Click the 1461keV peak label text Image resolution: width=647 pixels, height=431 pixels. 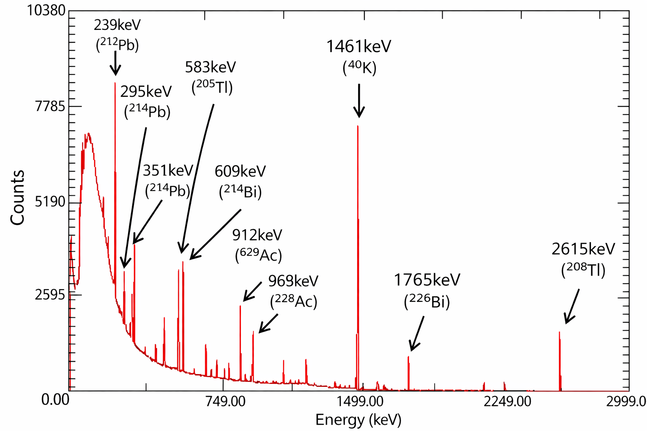click(358, 46)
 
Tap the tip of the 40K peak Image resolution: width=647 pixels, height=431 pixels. click(358, 126)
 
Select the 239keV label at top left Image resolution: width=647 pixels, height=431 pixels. click(117, 25)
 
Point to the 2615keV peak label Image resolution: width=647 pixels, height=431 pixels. click(583, 249)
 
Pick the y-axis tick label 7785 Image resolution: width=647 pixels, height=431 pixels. click(50, 106)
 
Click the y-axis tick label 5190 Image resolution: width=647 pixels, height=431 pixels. click(50, 202)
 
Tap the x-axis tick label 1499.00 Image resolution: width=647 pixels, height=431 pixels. click(360, 401)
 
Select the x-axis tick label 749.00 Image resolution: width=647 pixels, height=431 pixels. click(226, 401)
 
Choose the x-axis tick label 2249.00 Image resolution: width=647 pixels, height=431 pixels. click(507, 401)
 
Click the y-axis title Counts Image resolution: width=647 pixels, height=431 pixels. click(18, 198)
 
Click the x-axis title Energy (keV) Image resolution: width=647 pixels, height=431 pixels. click(358, 420)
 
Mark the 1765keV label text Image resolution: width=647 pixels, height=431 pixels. click(427, 280)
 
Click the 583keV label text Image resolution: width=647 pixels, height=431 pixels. click(210, 67)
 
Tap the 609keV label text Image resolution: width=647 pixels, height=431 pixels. click(240, 171)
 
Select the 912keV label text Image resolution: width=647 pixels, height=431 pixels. click(257, 235)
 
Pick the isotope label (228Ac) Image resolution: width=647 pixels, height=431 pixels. click(293, 301)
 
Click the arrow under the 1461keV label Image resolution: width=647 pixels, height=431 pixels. click(359, 101)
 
